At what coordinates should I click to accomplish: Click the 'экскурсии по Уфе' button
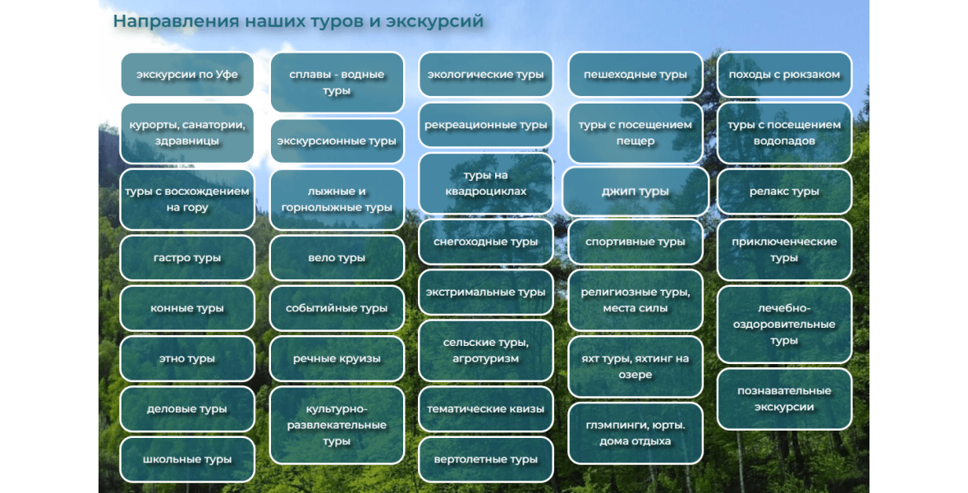[x=187, y=75]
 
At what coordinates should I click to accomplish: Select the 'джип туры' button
[x=635, y=191]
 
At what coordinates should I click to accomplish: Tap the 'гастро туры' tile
[x=187, y=258]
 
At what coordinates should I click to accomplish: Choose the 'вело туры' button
[x=337, y=258]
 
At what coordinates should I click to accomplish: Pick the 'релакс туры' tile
[x=784, y=191]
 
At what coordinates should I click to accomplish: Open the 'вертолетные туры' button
[x=486, y=459]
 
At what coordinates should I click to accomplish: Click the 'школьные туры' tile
[x=187, y=459]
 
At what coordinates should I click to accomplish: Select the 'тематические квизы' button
[x=486, y=409]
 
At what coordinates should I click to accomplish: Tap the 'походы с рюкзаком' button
[x=784, y=75]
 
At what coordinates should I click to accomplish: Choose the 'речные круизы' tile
[x=337, y=359]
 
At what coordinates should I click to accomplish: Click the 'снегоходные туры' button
[x=486, y=242]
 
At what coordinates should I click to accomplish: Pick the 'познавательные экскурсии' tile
[x=784, y=399]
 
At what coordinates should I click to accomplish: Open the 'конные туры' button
[x=187, y=308]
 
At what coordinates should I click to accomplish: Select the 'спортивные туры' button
[x=635, y=242]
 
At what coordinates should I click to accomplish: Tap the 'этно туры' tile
[x=187, y=359]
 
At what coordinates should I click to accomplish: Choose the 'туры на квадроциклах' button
[x=486, y=183]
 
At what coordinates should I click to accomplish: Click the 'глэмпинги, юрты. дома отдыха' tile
[x=635, y=433]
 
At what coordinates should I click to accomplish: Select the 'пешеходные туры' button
[x=635, y=75]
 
